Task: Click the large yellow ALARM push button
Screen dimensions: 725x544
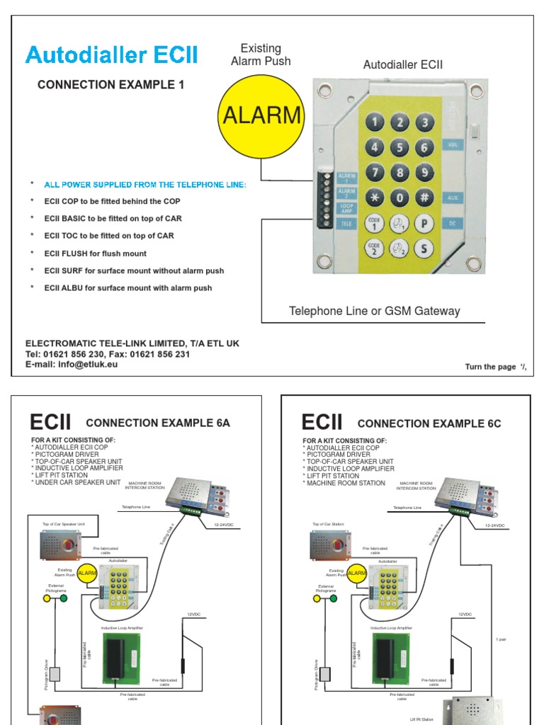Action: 261,115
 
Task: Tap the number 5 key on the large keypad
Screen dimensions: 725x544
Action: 399,147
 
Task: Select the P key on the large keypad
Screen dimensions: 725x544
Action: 424,223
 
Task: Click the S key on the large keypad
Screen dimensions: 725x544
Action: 424,248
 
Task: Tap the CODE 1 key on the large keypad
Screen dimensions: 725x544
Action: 375,223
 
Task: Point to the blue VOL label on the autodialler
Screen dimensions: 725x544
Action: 453,144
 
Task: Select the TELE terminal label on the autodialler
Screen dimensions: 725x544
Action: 347,223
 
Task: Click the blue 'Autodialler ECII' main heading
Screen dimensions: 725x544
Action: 112,55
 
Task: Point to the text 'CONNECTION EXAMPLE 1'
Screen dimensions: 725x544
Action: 110,85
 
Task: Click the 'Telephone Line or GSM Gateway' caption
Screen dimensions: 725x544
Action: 374,312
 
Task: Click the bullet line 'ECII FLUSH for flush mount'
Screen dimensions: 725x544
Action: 95,253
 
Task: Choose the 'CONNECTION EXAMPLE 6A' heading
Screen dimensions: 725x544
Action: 158,423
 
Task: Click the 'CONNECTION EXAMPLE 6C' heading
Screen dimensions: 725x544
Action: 429,424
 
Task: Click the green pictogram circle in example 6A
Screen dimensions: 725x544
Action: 64,598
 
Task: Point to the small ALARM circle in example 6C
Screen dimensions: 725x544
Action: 358,573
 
